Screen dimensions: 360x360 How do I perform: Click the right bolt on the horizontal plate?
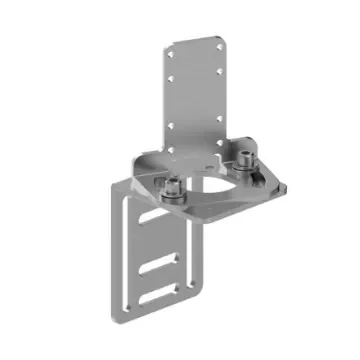click(x=246, y=157)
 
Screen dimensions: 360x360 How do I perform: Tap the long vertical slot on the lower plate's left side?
click(x=125, y=250)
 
